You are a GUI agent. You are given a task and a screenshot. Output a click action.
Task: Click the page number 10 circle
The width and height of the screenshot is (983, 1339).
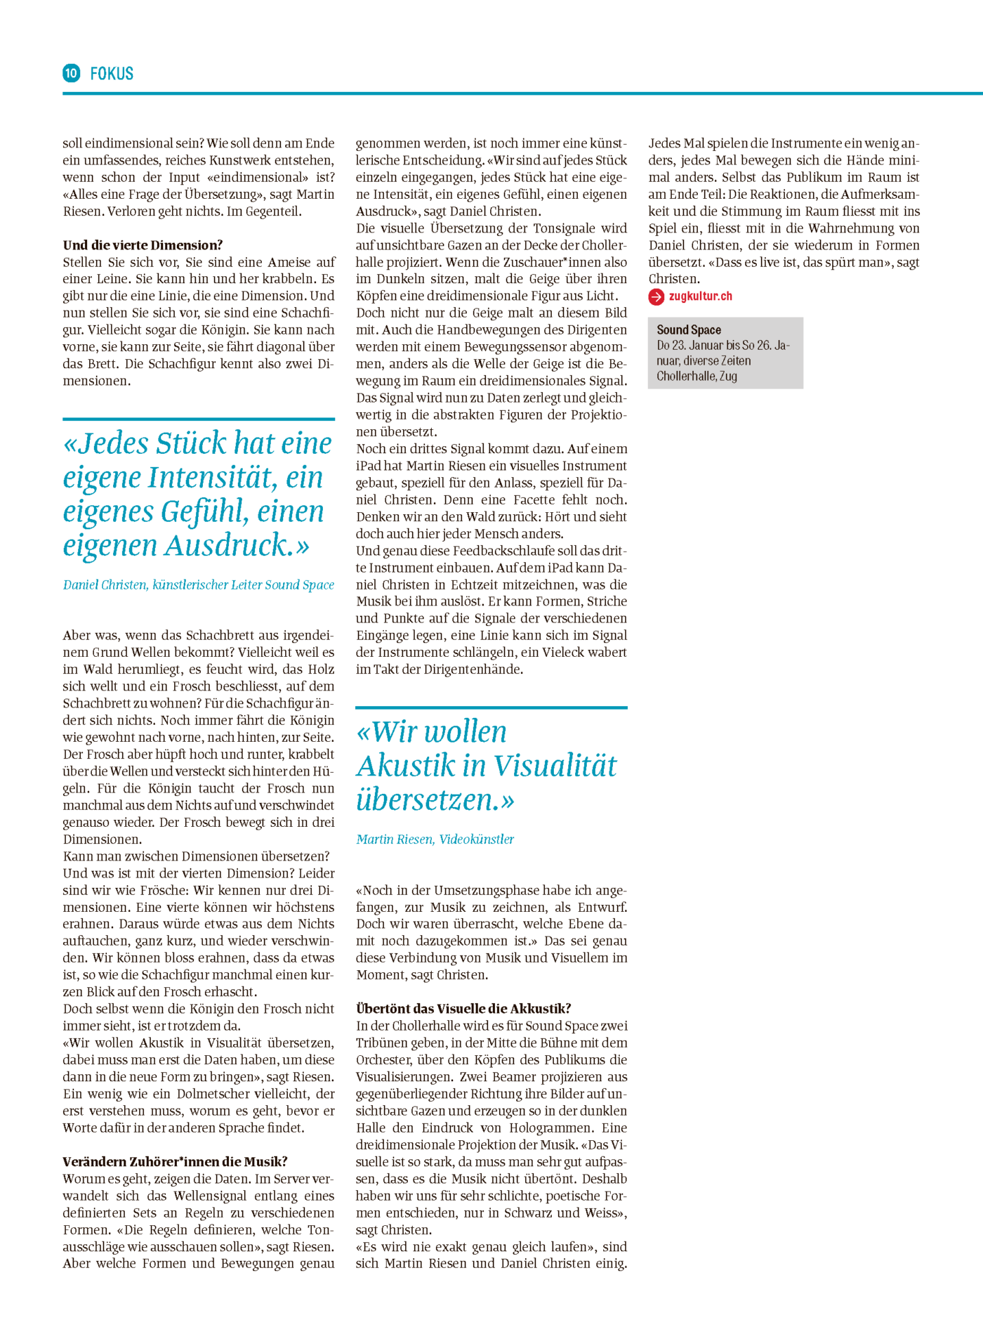[71, 73]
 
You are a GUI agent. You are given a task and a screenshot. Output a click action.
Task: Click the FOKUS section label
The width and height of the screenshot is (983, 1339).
[112, 74]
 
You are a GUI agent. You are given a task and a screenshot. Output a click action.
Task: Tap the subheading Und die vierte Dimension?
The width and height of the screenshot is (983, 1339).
[143, 245]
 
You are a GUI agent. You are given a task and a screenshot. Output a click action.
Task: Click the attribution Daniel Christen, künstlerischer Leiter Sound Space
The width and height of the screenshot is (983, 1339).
[199, 584]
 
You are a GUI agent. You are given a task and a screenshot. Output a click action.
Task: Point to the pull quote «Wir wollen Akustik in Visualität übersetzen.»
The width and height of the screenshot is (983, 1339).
[487, 765]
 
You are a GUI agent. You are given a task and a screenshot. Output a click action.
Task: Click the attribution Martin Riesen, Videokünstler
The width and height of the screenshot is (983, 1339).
[435, 839]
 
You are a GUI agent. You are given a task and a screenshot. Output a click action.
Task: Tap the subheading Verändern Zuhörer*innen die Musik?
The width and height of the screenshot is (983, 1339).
[175, 1161]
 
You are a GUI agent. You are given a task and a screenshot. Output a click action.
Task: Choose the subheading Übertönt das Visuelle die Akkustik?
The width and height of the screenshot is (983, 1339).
[463, 1008]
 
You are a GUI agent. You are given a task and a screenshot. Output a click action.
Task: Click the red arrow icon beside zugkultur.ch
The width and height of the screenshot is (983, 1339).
[657, 296]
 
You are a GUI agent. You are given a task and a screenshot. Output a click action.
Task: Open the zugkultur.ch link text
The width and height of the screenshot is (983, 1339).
[701, 296]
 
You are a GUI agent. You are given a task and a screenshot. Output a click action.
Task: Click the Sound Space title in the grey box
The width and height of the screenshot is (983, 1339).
[689, 329]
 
